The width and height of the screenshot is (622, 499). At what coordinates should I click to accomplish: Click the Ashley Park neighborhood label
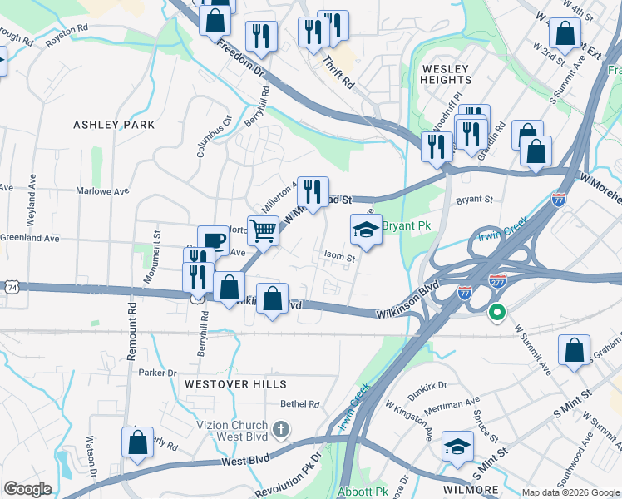[x=114, y=125]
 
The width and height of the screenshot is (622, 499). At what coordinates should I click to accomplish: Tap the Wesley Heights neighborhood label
[x=446, y=74]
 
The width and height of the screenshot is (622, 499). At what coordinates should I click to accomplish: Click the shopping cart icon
[x=264, y=230]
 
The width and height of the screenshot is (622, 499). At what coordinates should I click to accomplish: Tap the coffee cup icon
[x=213, y=240]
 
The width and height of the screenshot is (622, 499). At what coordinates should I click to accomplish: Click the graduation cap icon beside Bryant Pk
[x=366, y=229]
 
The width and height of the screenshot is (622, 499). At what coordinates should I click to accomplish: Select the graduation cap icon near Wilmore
[x=457, y=447]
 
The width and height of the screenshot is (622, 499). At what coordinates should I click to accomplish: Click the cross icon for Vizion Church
[x=281, y=429]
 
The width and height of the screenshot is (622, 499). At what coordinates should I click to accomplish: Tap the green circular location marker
[x=497, y=314]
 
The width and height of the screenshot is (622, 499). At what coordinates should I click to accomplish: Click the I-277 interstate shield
[x=497, y=281]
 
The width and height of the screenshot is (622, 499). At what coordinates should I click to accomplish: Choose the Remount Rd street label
[x=131, y=330]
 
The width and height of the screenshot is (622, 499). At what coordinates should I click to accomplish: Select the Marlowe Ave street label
[x=104, y=190]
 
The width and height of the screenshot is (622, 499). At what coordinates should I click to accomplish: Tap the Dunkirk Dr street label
[x=427, y=385]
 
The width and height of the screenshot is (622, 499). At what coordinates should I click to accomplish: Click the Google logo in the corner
[x=28, y=489]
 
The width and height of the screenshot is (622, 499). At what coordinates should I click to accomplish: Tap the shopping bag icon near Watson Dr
[x=138, y=442]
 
